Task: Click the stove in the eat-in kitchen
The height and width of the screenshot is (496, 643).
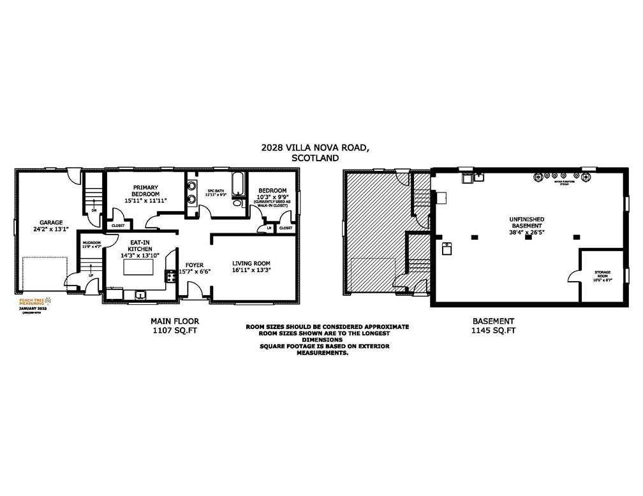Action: [170, 276]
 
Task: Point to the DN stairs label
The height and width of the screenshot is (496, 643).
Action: [94, 209]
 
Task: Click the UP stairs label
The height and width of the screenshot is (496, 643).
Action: [91, 276]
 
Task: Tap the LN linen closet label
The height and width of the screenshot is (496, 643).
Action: [269, 228]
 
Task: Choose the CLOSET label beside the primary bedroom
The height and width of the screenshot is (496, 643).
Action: [118, 225]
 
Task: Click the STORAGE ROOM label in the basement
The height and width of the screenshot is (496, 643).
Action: [602, 275]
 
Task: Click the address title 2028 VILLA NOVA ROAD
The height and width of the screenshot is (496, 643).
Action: [314, 147]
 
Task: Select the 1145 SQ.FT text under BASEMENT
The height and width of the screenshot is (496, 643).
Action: [493, 330]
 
